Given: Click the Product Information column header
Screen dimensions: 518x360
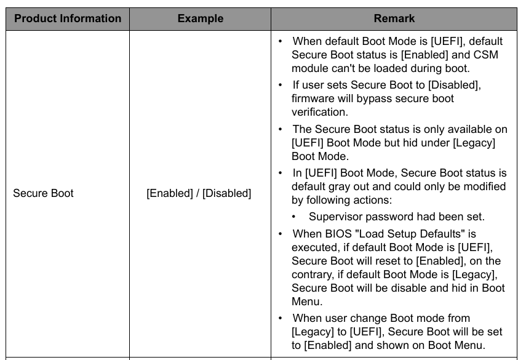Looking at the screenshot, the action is tap(68, 18).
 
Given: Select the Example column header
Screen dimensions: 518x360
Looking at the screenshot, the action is tap(201, 18).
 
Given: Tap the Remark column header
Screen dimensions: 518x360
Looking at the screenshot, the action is tap(394, 18).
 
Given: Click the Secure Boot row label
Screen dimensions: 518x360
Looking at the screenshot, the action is tap(43, 193).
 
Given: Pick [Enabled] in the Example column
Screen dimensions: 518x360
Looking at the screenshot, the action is tap(170, 193).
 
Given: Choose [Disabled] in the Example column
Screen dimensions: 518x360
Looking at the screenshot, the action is tap(226, 193).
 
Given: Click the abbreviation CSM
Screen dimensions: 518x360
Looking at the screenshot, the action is tap(485, 55).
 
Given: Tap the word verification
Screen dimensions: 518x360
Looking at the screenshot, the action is tap(320, 112).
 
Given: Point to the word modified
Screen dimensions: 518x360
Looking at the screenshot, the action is tap(485, 186).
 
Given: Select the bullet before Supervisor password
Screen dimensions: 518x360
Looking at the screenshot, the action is tap(294, 217).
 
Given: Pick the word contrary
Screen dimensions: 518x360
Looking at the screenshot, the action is tap(313, 274).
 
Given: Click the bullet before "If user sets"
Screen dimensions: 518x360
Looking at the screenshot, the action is tap(281, 86).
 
